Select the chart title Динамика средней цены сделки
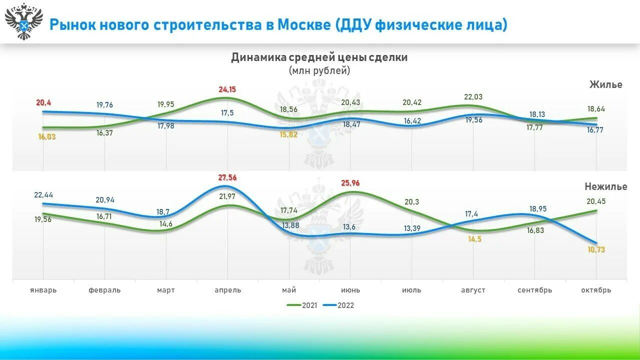319,57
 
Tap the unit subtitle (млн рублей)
319,70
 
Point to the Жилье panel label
605,84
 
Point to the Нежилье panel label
605,186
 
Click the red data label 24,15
227,89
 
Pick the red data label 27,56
227,177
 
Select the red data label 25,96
349,183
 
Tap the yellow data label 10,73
596,249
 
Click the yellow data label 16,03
46,136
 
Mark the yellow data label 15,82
288,134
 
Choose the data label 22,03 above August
473,97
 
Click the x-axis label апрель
227,290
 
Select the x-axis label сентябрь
534,290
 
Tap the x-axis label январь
43,290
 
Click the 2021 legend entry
302,305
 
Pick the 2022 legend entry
338,305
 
